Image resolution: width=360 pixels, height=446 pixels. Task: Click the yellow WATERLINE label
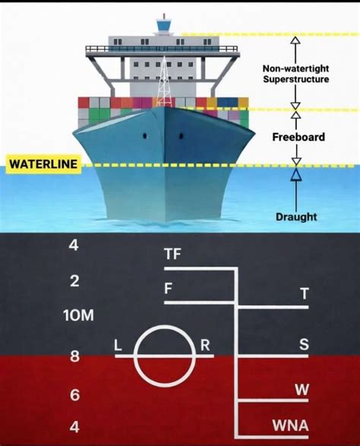click(x=43, y=164)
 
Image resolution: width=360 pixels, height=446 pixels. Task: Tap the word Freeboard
click(x=298, y=137)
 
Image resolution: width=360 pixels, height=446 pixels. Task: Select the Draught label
click(x=296, y=217)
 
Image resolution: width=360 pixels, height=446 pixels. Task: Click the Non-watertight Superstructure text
click(x=295, y=74)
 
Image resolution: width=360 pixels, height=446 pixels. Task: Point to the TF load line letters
click(x=172, y=254)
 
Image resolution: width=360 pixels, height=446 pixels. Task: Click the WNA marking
click(x=290, y=425)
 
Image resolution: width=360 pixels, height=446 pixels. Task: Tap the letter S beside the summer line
click(x=304, y=344)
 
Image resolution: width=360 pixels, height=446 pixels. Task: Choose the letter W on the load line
click(x=302, y=390)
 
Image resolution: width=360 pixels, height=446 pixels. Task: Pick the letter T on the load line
click(x=305, y=293)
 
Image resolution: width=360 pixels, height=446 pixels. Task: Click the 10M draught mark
click(x=78, y=315)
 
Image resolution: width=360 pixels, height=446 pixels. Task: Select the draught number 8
click(x=74, y=356)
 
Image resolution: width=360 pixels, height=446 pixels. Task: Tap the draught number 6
click(x=74, y=395)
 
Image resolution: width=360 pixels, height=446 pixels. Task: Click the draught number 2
click(x=74, y=281)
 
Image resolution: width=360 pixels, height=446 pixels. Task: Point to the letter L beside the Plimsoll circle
click(x=118, y=346)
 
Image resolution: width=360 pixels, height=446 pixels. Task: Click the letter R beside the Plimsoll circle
click(x=205, y=345)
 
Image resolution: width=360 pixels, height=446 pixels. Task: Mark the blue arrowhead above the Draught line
click(x=296, y=174)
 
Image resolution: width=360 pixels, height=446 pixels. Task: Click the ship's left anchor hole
click(x=145, y=136)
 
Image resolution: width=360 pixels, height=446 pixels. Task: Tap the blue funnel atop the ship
click(x=164, y=25)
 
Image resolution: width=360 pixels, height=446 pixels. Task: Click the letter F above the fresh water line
click(x=169, y=289)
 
